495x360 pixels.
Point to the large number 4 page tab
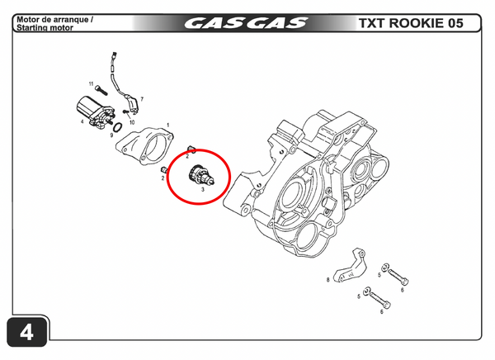[x=26, y=334]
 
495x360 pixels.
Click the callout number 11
[x=90, y=83]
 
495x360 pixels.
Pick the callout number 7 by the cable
[x=142, y=99]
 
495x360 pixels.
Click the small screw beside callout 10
[x=125, y=112]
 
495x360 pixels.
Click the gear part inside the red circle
[x=200, y=174]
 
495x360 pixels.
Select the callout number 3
[x=201, y=189]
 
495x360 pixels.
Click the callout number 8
[x=328, y=280]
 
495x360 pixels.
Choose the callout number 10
[x=131, y=121]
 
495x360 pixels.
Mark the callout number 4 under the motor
[x=82, y=122]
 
